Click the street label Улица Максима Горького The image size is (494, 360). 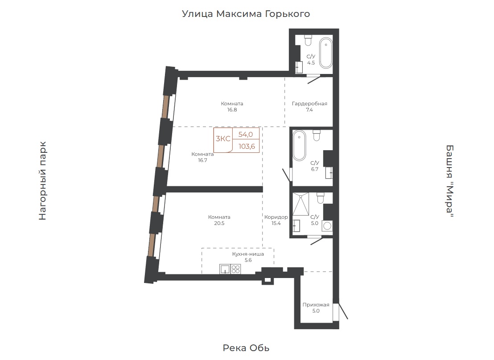(x=246, y=14)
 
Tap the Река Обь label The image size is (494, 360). (x=246, y=348)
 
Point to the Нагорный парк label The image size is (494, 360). (x=42, y=181)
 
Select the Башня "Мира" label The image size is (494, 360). (x=450, y=181)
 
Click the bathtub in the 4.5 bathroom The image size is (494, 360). (x=326, y=53)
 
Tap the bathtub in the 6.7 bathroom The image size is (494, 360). (x=299, y=146)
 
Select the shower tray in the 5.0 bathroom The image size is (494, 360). (x=301, y=204)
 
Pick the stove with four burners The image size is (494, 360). (x=236, y=269)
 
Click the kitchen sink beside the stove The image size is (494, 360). (x=225, y=269)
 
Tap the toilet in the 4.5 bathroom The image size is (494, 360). (x=308, y=40)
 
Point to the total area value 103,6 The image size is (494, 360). (x=247, y=147)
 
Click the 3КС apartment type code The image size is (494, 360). (x=223, y=139)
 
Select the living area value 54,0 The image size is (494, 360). (x=245, y=135)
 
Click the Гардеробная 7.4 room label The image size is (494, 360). (x=309, y=107)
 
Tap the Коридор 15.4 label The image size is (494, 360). (x=276, y=220)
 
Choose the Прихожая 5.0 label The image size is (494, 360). (x=316, y=308)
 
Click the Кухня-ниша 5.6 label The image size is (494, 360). (x=248, y=257)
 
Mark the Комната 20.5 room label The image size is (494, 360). (x=219, y=220)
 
